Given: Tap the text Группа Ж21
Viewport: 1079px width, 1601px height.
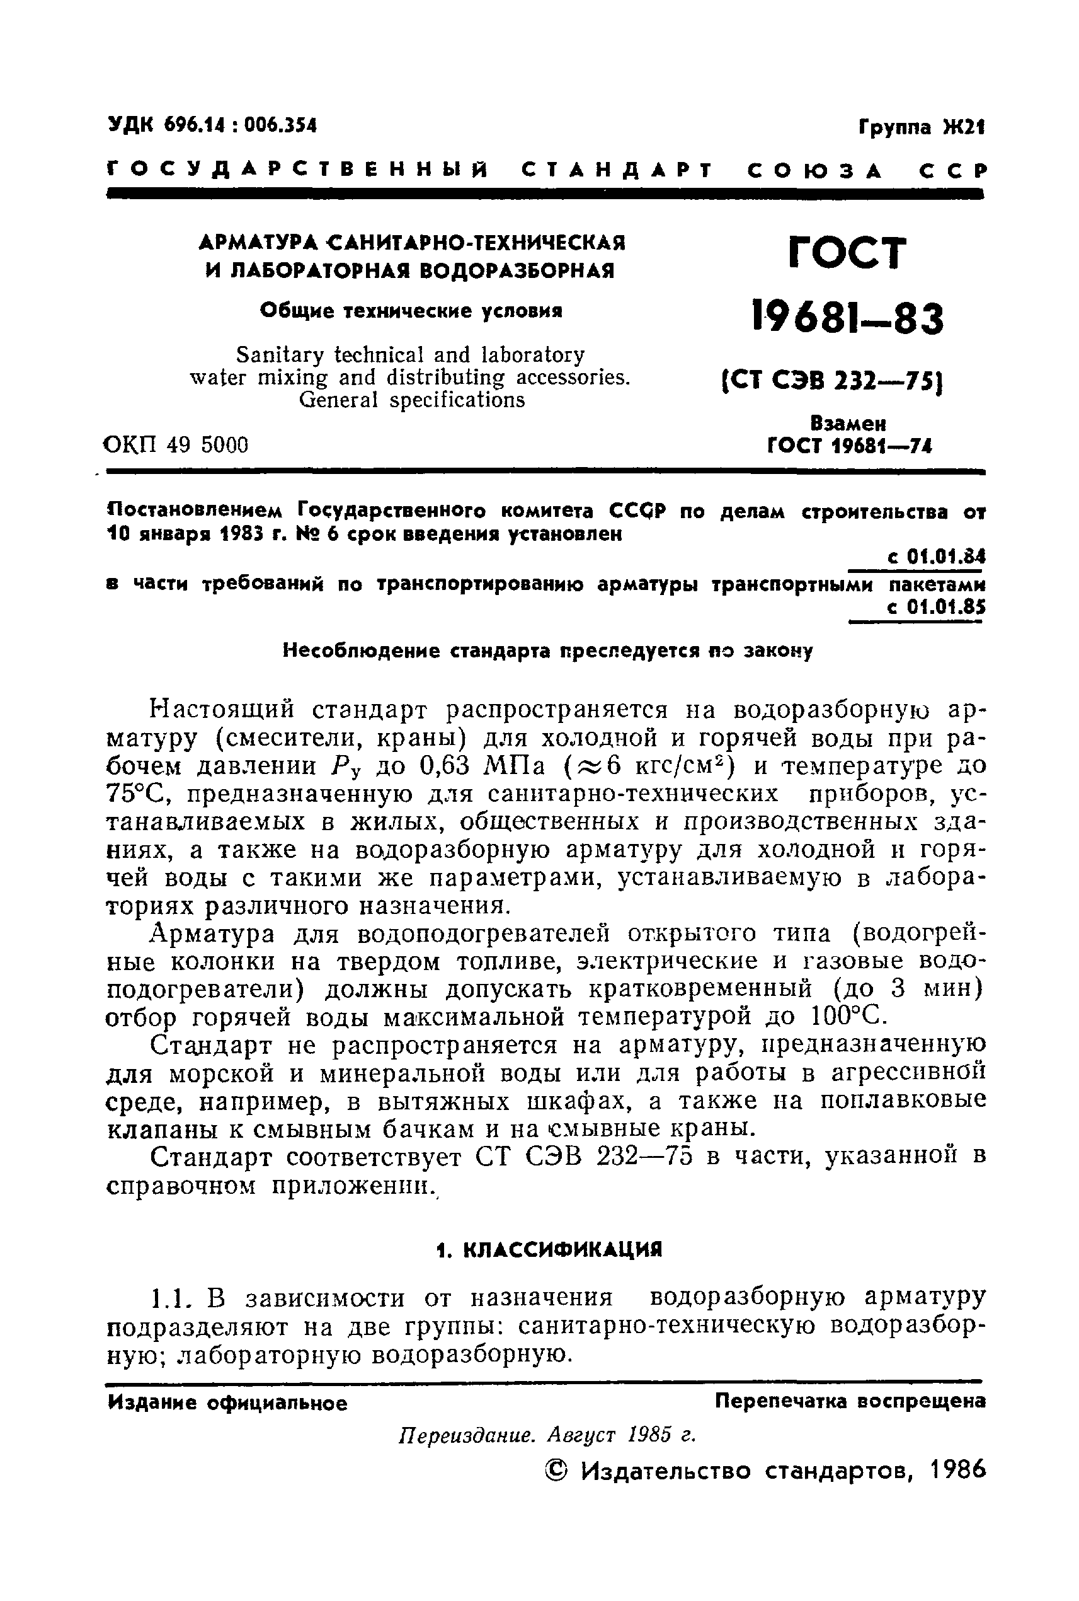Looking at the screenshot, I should (921, 127).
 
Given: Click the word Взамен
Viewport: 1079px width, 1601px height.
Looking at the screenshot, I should (848, 423).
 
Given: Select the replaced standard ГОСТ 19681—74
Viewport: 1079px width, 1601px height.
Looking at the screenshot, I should (849, 446).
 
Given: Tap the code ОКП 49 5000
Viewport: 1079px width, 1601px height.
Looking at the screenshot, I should (176, 446).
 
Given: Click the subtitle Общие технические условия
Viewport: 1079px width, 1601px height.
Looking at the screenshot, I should (411, 311).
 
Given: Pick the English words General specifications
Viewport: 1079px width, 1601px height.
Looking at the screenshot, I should (411, 400).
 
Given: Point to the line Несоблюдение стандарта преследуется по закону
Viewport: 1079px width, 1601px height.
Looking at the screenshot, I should (548, 650).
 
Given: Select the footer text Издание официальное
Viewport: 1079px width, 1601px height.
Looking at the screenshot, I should (227, 1402).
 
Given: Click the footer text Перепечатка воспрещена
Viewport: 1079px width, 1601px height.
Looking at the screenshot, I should (850, 1401).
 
